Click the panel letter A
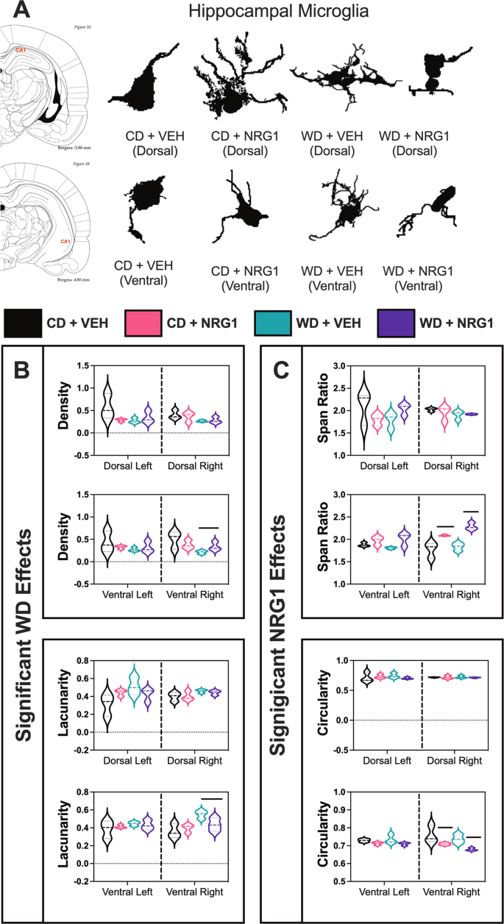tap(21, 12)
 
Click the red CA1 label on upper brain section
tap(23, 51)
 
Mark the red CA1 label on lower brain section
tap(65, 240)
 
